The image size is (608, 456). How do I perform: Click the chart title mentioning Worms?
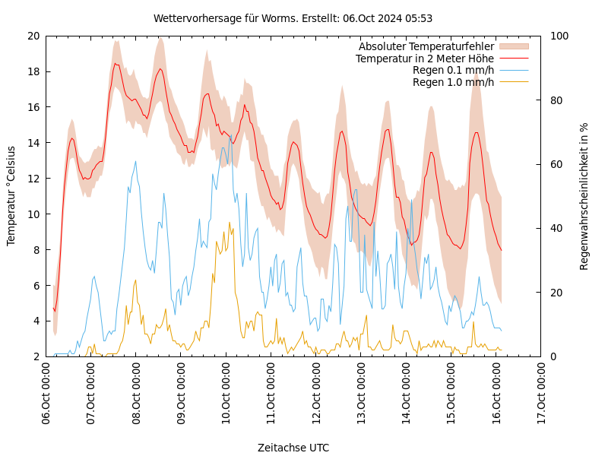(293, 18)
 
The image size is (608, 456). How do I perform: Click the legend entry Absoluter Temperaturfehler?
(426, 47)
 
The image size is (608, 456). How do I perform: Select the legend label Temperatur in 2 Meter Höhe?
(424, 59)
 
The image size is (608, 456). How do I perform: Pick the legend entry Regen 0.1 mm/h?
(453, 70)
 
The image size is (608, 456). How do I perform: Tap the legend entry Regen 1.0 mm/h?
(453, 82)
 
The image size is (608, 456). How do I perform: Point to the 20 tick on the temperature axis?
(33, 36)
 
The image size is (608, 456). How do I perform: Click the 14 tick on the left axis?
(33, 143)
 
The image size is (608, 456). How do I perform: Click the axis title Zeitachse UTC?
(293, 448)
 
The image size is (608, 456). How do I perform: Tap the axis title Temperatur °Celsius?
(11, 196)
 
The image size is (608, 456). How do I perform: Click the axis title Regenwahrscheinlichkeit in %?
(584, 196)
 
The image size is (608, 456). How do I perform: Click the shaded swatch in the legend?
(513, 47)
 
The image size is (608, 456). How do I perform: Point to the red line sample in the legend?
(513, 59)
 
